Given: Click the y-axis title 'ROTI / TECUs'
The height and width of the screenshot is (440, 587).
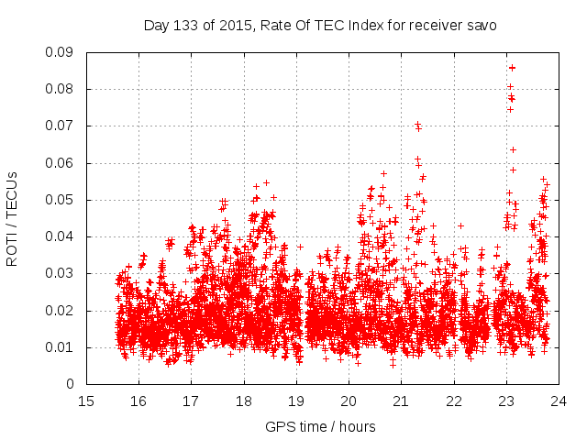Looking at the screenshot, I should coord(12,218).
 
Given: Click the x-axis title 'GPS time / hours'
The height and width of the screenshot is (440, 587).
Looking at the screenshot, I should coord(320,426).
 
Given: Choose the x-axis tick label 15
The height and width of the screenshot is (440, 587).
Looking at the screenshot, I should coord(86,401).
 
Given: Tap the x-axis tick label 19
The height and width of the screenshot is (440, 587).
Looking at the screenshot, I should coord(296,401).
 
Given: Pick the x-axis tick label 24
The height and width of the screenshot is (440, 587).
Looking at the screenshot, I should coord(559,401).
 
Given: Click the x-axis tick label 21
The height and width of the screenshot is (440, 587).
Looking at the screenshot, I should coord(401,401).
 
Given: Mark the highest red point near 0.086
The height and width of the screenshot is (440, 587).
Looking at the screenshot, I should coord(512,68).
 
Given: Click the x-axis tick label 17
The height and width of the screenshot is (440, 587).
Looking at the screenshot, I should coord(191,401).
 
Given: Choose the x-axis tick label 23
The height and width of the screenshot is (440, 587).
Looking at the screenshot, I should coord(506,401).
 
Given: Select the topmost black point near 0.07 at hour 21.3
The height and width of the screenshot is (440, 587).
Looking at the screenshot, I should coord(417,124).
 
